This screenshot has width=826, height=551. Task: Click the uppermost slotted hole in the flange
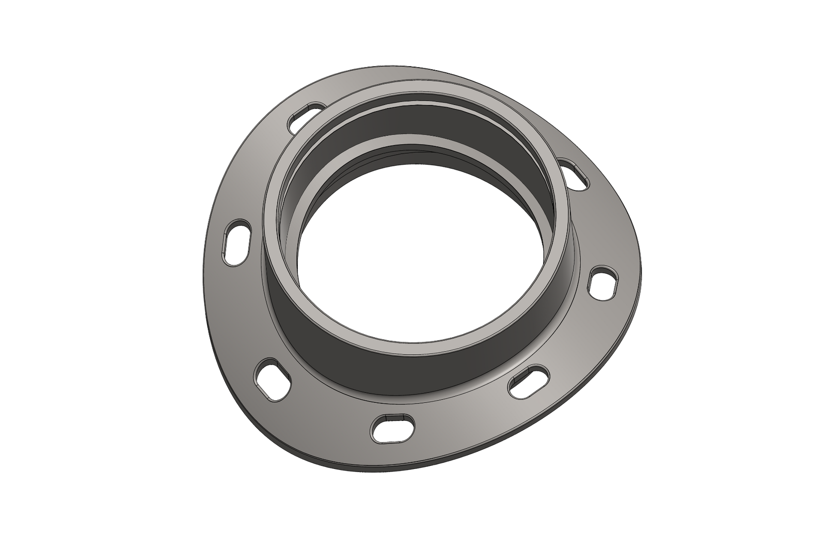tap(307, 113)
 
